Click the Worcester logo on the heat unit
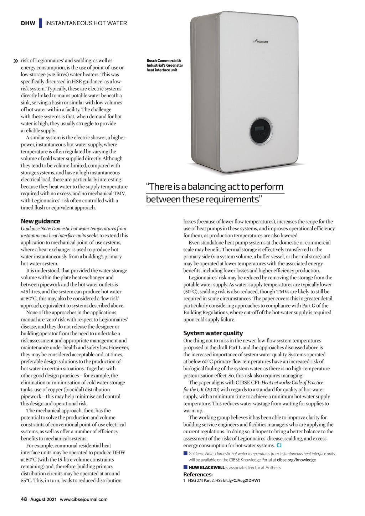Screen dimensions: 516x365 [261, 42]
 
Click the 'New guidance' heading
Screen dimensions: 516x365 [40, 221]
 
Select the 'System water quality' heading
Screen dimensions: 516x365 [213, 333]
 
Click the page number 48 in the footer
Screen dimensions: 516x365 [24, 499]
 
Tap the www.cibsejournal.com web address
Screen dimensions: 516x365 [83, 499]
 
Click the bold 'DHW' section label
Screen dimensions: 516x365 [28, 23]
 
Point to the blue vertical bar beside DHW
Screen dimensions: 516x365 [41, 23]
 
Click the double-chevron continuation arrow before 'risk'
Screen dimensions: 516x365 [15, 61]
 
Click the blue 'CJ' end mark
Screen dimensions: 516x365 [279, 445]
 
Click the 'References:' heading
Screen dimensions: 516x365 [198, 474]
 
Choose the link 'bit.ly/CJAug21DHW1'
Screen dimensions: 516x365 [242, 480]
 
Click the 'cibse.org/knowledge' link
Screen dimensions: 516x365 [296, 460]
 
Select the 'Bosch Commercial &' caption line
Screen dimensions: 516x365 [164, 61]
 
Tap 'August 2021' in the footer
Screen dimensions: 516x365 [43, 499]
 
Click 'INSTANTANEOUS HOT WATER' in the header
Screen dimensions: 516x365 [86, 23]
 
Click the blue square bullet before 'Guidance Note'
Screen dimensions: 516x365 [185, 453]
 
